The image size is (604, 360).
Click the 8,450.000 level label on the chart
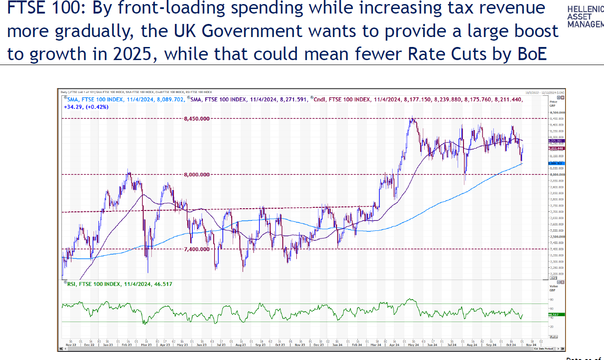(x=197, y=119)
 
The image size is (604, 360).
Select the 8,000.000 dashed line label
(x=197, y=174)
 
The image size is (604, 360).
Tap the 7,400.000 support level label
(x=197, y=249)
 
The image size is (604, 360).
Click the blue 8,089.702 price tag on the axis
(x=554, y=163)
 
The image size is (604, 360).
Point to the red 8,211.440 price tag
(x=554, y=148)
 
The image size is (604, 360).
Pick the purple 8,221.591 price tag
(x=554, y=141)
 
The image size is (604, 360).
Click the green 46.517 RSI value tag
(x=553, y=314)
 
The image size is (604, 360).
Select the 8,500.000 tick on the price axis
(x=556, y=112)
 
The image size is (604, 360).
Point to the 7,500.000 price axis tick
(x=556, y=237)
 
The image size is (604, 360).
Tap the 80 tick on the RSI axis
(x=551, y=299)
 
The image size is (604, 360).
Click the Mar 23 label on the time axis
(x=146, y=344)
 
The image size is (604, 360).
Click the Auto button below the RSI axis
(x=553, y=337)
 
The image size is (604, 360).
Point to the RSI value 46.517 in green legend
(x=163, y=284)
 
